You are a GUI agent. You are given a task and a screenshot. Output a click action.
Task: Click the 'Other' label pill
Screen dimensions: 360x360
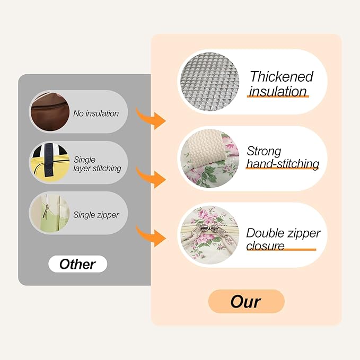[x=77, y=264]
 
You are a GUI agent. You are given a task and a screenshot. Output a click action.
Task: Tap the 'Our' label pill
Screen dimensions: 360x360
[x=246, y=302]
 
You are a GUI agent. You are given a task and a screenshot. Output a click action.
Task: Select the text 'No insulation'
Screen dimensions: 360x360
[x=96, y=113]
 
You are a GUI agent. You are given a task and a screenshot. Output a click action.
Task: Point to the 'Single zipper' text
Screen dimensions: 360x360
[x=96, y=215]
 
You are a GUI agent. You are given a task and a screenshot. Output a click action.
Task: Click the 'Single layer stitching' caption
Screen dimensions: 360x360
[x=97, y=164]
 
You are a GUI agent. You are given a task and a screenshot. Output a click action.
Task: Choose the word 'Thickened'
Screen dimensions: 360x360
[x=282, y=76]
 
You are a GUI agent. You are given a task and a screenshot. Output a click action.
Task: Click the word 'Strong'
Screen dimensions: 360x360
[x=264, y=151]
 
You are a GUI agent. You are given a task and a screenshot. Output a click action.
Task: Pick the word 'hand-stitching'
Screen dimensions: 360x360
[x=283, y=164]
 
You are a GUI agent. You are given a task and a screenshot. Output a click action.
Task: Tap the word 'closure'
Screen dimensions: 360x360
[x=265, y=245]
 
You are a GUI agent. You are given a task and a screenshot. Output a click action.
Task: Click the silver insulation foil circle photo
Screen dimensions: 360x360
[x=209, y=82]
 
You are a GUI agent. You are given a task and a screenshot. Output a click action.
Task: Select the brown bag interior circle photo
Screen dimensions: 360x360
[x=50, y=112]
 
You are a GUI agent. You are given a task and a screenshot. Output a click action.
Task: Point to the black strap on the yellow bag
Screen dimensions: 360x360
[x=49, y=160]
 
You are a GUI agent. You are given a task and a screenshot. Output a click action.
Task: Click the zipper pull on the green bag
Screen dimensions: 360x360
[x=46, y=211]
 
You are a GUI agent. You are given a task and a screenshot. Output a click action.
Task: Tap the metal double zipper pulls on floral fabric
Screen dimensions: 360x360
[x=208, y=230]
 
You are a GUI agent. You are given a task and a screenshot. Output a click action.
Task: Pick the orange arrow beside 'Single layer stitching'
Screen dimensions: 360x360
[x=151, y=177]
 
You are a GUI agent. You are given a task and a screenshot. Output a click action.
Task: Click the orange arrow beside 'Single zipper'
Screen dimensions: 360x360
[x=151, y=236]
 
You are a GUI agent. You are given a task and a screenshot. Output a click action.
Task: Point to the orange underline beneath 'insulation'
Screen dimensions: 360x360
[x=278, y=96]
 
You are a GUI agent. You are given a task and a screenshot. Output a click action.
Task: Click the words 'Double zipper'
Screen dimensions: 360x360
[x=283, y=233]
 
